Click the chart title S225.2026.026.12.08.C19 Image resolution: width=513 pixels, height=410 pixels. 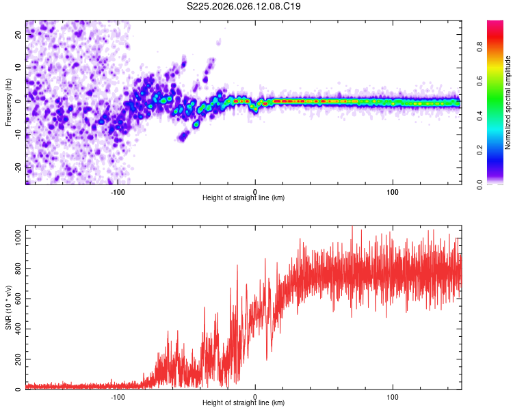[x=244, y=7]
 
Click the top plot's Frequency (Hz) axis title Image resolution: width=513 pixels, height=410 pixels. [x=8, y=101]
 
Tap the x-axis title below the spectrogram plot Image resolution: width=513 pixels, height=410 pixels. [x=244, y=198]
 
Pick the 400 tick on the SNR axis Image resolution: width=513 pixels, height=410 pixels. [x=15, y=329]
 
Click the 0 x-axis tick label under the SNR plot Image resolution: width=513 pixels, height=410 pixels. [x=255, y=396]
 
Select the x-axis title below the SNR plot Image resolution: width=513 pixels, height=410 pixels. [x=244, y=404]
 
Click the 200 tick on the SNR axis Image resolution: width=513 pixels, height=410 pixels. [x=15, y=359]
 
